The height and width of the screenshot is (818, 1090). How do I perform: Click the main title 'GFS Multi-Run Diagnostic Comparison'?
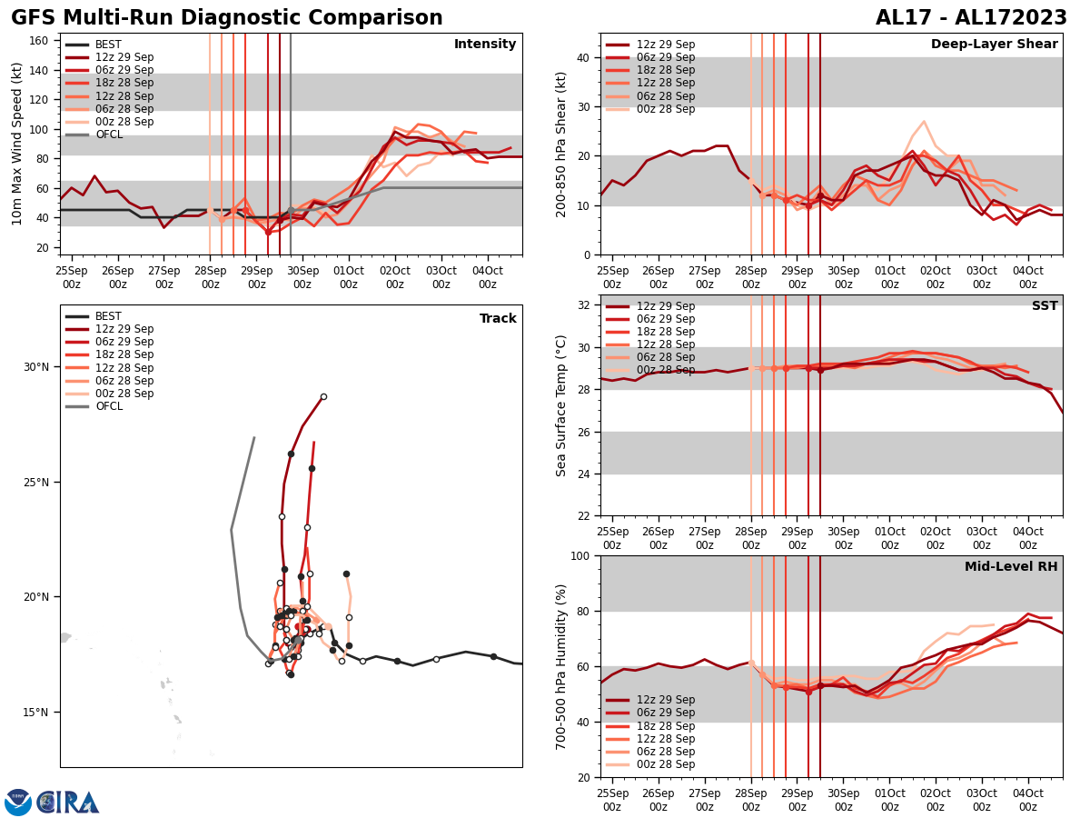pyautogui.click(x=227, y=18)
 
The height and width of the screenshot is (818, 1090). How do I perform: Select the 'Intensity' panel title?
pyautogui.click(x=485, y=45)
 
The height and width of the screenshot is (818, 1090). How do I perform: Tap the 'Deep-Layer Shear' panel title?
pyautogui.click(x=994, y=45)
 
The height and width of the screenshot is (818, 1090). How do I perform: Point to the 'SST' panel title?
pyautogui.click(x=1045, y=306)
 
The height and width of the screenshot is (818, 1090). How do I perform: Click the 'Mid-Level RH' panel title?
pyautogui.click(x=1011, y=567)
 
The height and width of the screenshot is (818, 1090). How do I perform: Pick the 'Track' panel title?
pyautogui.click(x=498, y=319)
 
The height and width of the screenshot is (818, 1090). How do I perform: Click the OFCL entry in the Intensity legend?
pyautogui.click(x=109, y=135)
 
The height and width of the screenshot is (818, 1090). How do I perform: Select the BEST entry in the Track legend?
pyautogui.click(x=108, y=316)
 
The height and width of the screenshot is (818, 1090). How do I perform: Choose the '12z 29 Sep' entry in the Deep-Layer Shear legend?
pyautogui.click(x=666, y=45)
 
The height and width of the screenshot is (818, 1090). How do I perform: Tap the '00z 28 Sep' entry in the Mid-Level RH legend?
pyautogui.click(x=666, y=764)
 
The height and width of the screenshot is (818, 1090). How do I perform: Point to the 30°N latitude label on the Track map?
pyautogui.click(x=36, y=367)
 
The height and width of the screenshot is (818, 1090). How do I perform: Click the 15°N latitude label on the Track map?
pyautogui.click(x=36, y=713)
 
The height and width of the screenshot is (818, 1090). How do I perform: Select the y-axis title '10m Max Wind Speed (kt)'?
pyautogui.click(x=17, y=144)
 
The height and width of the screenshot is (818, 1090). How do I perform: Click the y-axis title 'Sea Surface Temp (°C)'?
pyautogui.click(x=561, y=405)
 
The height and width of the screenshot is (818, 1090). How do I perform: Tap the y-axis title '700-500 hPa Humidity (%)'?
pyautogui.click(x=561, y=666)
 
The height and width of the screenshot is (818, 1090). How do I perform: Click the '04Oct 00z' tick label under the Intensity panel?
pyautogui.click(x=488, y=277)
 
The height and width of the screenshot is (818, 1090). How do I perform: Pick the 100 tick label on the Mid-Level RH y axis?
pyautogui.click(x=578, y=555)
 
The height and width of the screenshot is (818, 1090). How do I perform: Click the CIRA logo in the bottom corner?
pyautogui.click(x=67, y=803)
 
